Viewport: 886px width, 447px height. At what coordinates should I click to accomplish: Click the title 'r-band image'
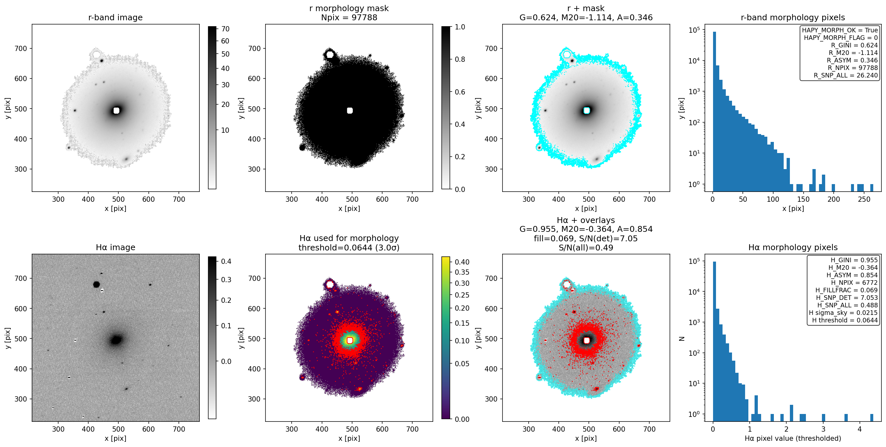[x=115, y=18]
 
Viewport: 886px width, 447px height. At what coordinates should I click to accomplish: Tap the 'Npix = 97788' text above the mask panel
[x=349, y=18]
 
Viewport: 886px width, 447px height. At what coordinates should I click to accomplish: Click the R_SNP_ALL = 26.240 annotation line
[x=846, y=75]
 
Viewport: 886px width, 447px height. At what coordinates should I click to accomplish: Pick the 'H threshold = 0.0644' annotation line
[x=845, y=320]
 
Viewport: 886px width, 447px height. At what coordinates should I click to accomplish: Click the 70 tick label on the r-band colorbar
[x=225, y=29]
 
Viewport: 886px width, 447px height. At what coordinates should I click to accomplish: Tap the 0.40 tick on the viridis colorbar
[x=462, y=262]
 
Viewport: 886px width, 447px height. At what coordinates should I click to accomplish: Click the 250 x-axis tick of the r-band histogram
[x=864, y=199]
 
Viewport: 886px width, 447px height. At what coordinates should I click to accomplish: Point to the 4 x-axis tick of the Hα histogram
[x=860, y=429]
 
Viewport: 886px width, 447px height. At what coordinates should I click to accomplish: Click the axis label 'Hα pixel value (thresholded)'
[x=793, y=438]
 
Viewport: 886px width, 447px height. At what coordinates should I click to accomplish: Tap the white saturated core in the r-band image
[x=116, y=111]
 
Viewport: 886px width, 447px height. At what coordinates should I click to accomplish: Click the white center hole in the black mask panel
[x=350, y=111]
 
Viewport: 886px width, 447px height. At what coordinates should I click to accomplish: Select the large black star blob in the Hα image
[x=96, y=284]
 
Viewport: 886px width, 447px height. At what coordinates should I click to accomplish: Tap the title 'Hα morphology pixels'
[x=793, y=248]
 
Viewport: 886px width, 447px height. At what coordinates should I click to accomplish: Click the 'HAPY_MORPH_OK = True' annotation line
[x=840, y=30]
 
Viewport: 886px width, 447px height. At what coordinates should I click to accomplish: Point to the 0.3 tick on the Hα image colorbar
[x=226, y=280]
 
